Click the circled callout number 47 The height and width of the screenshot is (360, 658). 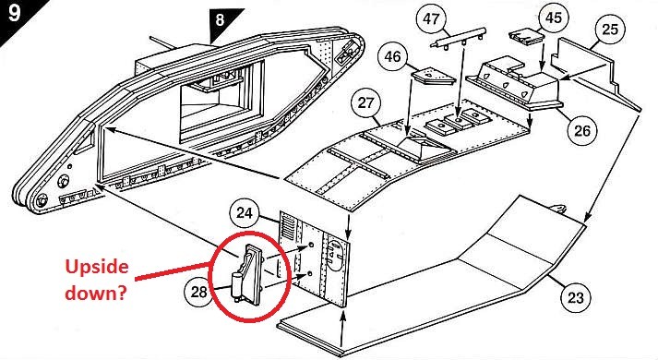[431, 19]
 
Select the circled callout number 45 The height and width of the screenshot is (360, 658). [553, 18]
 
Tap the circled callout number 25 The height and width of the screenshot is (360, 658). [610, 30]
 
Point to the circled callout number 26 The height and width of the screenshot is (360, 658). [581, 130]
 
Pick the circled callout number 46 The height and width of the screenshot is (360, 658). [393, 56]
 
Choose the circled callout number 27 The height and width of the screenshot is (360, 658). [365, 102]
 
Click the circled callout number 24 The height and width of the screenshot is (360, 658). [245, 213]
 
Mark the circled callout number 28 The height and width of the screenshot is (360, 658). [199, 292]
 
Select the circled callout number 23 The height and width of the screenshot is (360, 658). [575, 298]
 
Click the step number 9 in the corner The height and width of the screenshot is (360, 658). [14, 13]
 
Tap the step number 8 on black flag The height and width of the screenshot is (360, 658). [220, 19]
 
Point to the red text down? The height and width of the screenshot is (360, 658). [96, 293]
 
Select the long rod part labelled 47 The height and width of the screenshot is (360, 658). [459, 38]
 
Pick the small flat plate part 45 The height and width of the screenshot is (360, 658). [527, 37]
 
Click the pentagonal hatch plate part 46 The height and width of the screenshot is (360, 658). [433, 76]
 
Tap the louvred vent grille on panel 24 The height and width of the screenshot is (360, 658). [287, 226]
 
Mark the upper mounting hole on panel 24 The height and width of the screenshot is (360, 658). [311, 245]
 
